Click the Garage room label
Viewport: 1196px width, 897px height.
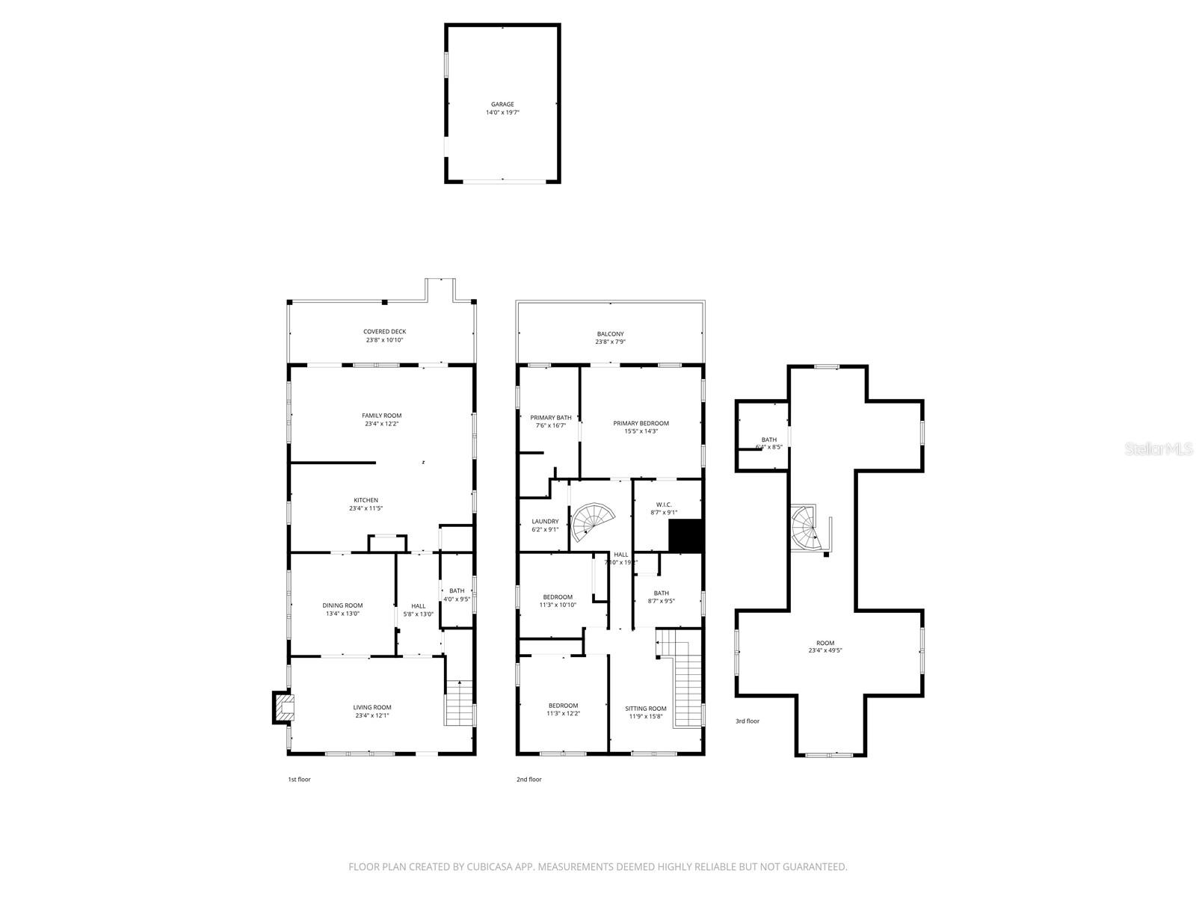[x=502, y=105]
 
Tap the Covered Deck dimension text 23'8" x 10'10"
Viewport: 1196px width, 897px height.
[x=384, y=340]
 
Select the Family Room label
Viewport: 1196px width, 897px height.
[x=381, y=416]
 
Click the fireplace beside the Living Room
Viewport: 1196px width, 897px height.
[x=283, y=708]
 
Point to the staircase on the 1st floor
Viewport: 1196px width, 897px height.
[x=460, y=703]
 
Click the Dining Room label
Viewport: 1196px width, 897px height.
[x=342, y=605]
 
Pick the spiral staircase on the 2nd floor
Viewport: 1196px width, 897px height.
[x=594, y=523]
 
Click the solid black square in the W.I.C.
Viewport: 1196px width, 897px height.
[x=685, y=536]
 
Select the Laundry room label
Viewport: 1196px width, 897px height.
[x=545, y=522]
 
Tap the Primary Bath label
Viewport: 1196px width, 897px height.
[x=551, y=418]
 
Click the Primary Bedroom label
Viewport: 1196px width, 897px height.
[x=641, y=423]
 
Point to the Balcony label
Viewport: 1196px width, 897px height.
[x=610, y=334]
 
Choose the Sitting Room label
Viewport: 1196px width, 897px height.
[x=647, y=709]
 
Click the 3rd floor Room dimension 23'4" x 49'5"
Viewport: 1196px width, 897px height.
[x=825, y=651]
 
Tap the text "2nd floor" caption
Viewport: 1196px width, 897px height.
[x=528, y=780]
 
